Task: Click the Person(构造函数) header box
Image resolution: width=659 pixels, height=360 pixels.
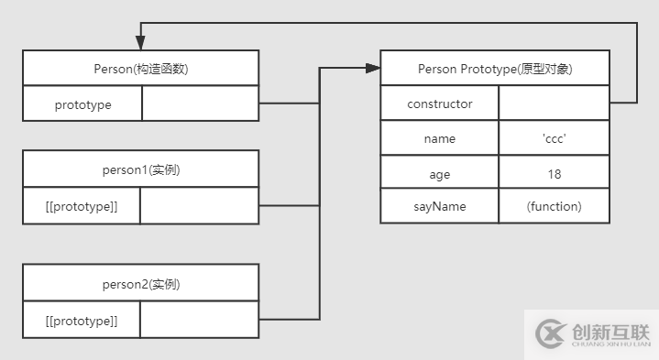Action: (x=141, y=69)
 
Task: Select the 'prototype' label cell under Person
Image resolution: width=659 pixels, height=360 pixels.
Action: (x=82, y=104)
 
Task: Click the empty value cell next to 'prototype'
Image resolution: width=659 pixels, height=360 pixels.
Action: (x=201, y=104)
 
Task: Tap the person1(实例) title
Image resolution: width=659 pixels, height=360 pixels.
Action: (x=141, y=170)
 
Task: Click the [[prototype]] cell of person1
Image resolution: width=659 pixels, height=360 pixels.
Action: (x=82, y=206)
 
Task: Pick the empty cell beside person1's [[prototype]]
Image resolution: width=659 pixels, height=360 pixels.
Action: (x=201, y=206)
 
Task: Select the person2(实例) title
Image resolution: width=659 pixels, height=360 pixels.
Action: (x=141, y=284)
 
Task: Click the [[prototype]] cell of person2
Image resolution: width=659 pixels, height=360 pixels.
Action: (x=82, y=320)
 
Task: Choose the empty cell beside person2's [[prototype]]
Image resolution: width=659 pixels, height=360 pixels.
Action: (x=201, y=320)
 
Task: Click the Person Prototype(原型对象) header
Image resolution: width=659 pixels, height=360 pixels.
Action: (x=495, y=69)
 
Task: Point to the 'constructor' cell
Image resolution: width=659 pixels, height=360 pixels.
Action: (x=440, y=104)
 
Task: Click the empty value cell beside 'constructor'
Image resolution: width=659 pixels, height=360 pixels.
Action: (x=554, y=104)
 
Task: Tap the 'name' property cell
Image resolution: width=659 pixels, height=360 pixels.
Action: (x=440, y=138)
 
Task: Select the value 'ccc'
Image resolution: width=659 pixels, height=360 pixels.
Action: (x=554, y=138)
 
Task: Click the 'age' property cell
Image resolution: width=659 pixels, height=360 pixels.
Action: (x=440, y=173)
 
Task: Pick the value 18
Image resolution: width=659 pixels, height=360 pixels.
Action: (x=554, y=173)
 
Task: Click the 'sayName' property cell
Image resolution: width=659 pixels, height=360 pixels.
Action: (x=440, y=206)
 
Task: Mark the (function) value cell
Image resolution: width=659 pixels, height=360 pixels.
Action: (x=554, y=206)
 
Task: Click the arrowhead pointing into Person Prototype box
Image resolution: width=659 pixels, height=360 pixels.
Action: (x=373, y=67)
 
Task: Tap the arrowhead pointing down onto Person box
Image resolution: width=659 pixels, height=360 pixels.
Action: (x=141, y=42)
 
